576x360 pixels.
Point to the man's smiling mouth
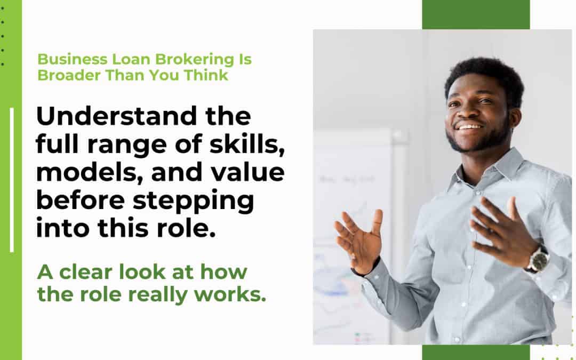469,127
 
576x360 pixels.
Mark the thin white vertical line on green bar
12,180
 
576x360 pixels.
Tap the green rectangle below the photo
476,352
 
